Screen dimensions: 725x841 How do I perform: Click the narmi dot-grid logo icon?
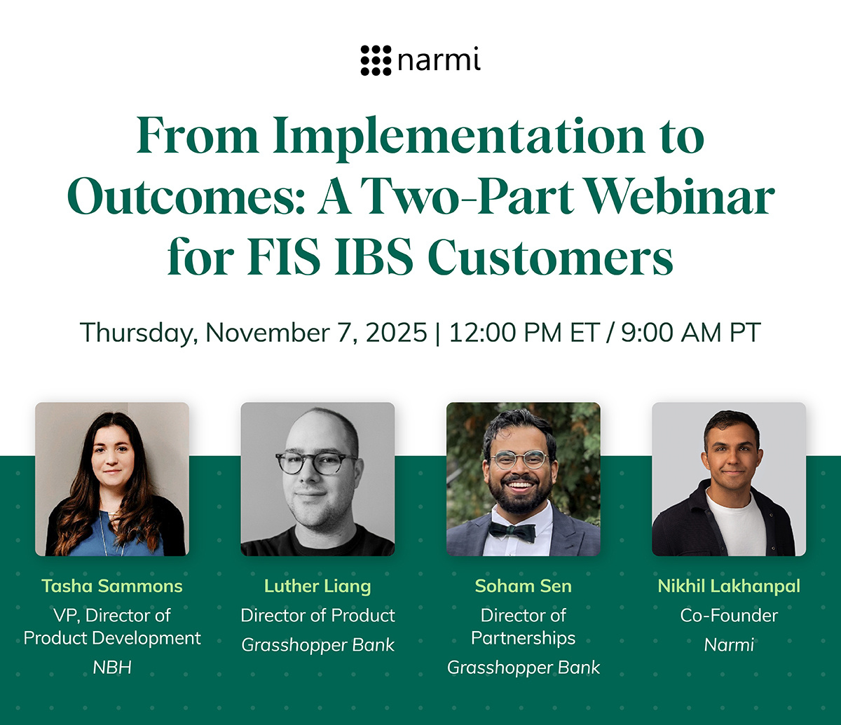click(x=376, y=61)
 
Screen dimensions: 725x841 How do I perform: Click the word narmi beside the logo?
click(x=439, y=62)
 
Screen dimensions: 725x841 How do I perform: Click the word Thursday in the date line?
click(x=137, y=332)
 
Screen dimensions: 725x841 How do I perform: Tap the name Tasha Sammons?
click(x=112, y=586)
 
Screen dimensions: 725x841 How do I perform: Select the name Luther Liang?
click(x=317, y=586)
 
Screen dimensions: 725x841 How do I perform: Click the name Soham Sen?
click(x=523, y=586)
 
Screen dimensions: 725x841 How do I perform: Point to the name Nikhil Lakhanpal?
click(x=729, y=586)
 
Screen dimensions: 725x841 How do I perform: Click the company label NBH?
click(x=112, y=668)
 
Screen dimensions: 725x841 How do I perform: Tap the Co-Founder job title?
click(x=729, y=616)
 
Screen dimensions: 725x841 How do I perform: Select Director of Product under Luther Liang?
click(x=317, y=616)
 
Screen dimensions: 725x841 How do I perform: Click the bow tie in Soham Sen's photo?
click(x=512, y=530)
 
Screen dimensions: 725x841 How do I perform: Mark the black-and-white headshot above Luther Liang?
click(x=317, y=479)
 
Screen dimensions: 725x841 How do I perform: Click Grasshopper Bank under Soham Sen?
click(x=524, y=668)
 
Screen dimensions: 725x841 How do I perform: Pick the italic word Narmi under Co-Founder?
click(x=729, y=644)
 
